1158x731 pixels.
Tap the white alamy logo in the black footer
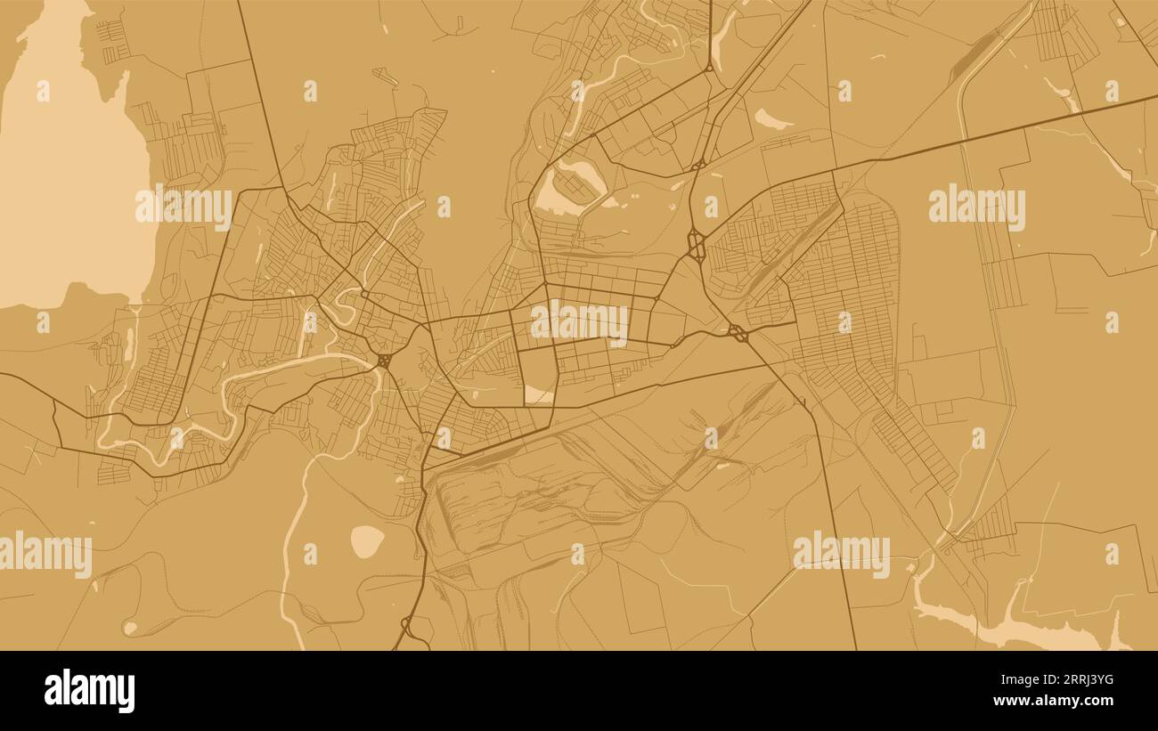click(x=90, y=691)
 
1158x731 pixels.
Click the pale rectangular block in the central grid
click(x=538, y=394)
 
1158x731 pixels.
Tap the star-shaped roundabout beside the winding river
click(x=383, y=361)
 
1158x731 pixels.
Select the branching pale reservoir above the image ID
click(x=1007, y=623)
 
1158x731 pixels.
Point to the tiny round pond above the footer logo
click(x=130, y=628)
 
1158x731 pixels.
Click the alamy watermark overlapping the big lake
click(x=183, y=207)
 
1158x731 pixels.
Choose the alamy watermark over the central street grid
click(x=579, y=323)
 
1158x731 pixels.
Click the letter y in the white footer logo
click(x=126, y=694)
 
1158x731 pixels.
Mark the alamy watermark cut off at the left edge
click(x=45, y=555)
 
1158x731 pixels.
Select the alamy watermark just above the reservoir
click(x=841, y=554)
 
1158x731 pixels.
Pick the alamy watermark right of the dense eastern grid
click(x=976, y=207)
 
